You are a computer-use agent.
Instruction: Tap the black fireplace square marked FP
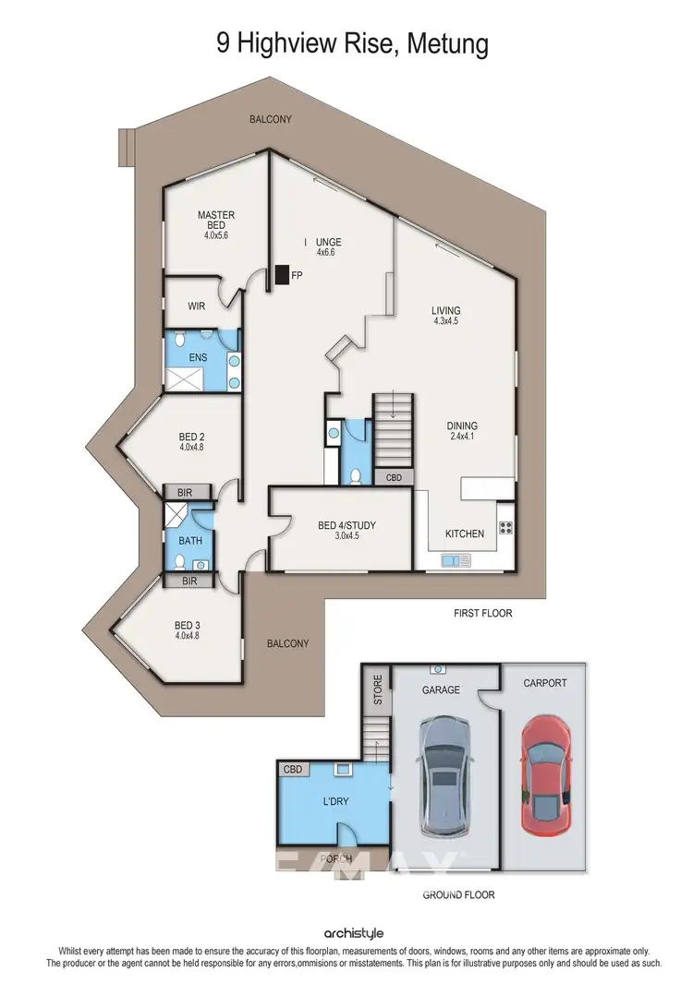click(280, 275)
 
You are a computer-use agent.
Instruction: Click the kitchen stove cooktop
click(505, 528)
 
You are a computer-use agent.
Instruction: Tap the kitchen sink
click(456, 559)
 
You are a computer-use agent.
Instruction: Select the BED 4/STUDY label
click(346, 526)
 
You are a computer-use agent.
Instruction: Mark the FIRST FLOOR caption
click(482, 613)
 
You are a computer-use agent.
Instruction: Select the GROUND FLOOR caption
click(458, 894)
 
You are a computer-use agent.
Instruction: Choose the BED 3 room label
click(187, 625)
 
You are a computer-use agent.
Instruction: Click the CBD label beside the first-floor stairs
click(394, 477)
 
